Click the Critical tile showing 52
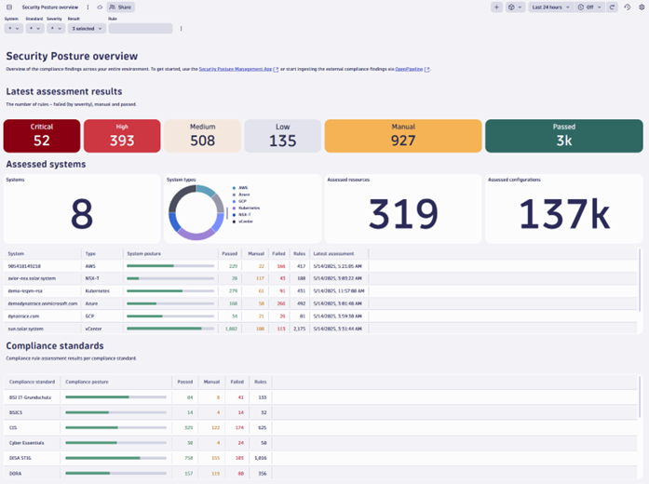42,136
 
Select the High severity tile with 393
122,136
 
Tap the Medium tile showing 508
202,136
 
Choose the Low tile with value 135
282,136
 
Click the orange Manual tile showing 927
402,136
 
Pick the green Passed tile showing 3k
563,136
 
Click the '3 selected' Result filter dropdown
88,29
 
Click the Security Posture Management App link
235,69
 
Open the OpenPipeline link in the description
410,69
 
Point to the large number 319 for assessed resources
401,214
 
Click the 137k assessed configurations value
563,214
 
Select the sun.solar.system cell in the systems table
28,328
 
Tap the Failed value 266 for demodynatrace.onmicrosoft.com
280,302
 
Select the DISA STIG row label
22,458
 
